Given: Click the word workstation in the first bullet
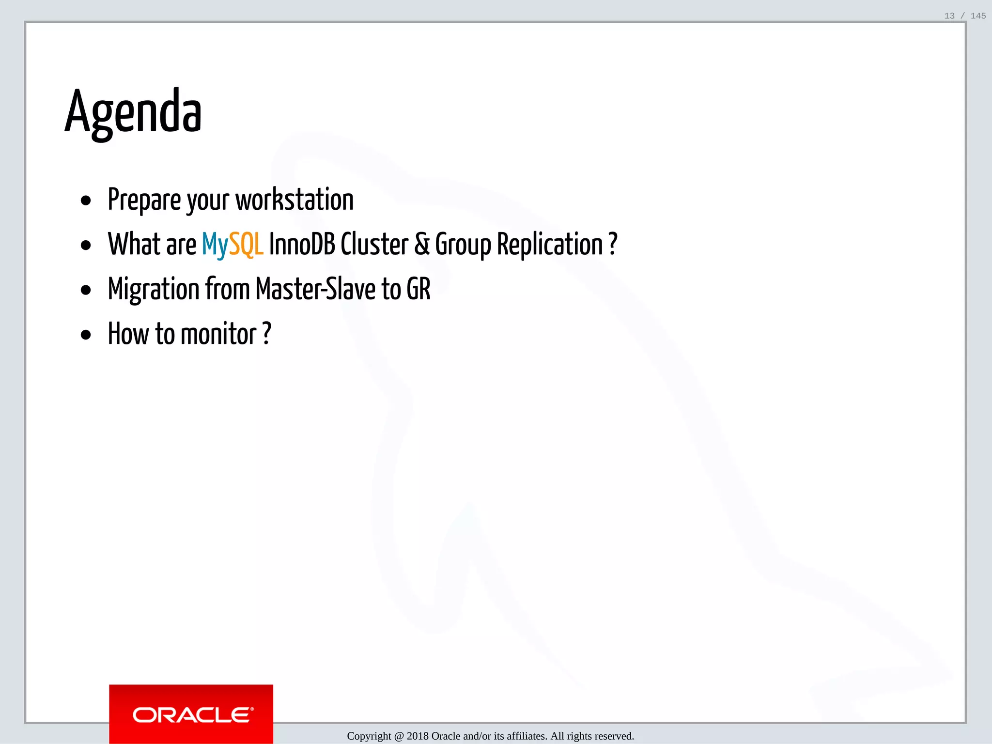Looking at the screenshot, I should (x=294, y=200).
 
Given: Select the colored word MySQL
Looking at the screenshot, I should (x=232, y=244).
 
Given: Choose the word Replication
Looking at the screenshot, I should (x=550, y=244).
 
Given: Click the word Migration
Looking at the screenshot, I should (x=154, y=290).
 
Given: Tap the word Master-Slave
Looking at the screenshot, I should (x=315, y=289).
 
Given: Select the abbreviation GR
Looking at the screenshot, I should (x=418, y=289).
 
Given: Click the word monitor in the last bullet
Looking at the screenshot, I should (x=218, y=334).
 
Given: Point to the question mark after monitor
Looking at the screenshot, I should (x=266, y=334).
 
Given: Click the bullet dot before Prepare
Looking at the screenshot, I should (x=86, y=201).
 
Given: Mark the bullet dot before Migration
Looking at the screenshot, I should (x=86, y=291).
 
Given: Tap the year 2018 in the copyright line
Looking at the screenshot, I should (x=418, y=736).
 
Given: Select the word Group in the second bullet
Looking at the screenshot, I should (x=463, y=245).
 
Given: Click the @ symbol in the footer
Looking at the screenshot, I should (x=399, y=736).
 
